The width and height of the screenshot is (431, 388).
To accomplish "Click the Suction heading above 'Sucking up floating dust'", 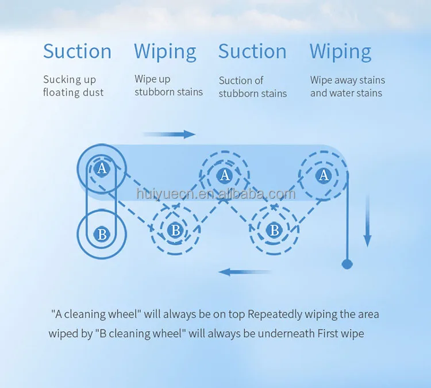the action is click(x=77, y=51).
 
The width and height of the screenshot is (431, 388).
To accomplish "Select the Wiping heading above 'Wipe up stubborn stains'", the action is click(x=165, y=52).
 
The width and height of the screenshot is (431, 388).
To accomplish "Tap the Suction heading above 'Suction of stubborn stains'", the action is click(x=252, y=51).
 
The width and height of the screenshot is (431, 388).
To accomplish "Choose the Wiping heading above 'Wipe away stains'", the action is click(x=340, y=52).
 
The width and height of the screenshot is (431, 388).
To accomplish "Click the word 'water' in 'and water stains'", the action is click(x=343, y=93).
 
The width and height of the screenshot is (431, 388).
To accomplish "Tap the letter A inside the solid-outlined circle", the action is click(x=102, y=168).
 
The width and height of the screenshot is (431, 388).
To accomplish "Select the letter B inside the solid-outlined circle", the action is click(x=102, y=234).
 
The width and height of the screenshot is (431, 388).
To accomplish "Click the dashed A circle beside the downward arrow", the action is click(x=324, y=175).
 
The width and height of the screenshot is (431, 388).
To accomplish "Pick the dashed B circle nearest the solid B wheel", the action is click(x=175, y=230).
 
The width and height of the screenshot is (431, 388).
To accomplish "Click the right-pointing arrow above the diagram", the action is click(x=169, y=134).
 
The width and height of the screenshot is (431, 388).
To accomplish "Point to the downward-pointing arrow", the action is click(x=368, y=221).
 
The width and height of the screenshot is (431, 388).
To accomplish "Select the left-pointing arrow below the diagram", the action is click(x=245, y=271).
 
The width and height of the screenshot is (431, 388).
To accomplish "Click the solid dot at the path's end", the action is click(x=347, y=264).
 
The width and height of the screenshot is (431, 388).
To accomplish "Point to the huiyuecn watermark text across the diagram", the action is click(x=216, y=195).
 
